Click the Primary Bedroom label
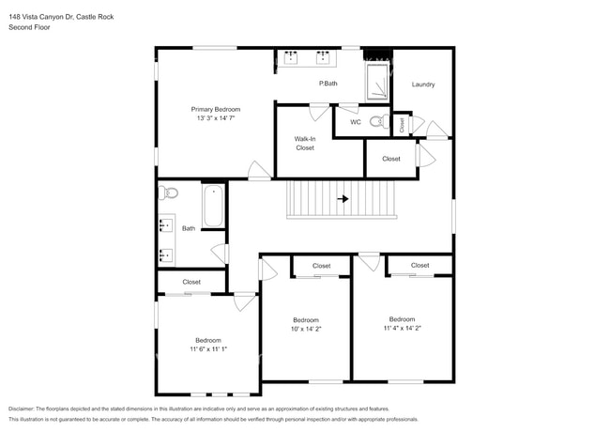pyautogui.click(x=215, y=110)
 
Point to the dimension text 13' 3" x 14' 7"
pyautogui.click(x=215, y=119)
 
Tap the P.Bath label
pyautogui.click(x=328, y=85)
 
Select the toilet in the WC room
pyautogui.click(x=377, y=121)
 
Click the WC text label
pyautogui.click(x=356, y=122)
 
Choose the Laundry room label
pyautogui.click(x=423, y=85)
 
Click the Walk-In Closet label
pyautogui.click(x=305, y=144)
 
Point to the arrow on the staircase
pyautogui.click(x=343, y=199)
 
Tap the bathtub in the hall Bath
pyautogui.click(x=213, y=207)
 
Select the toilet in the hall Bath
pyautogui.click(x=169, y=193)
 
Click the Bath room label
pyautogui.click(x=189, y=228)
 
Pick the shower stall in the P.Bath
pyautogui.click(x=376, y=81)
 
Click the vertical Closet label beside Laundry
pyautogui.click(x=402, y=124)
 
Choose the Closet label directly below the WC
pyautogui.click(x=391, y=159)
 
